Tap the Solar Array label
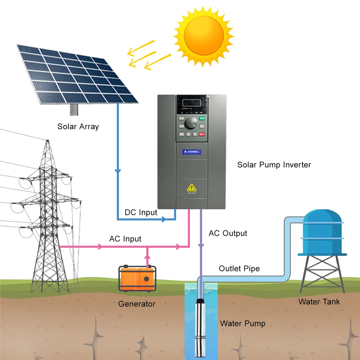[x=78, y=126]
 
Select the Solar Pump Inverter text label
[x=274, y=165]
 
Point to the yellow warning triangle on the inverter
[x=191, y=187]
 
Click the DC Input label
[x=141, y=212]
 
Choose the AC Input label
[x=125, y=239]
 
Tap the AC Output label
[x=228, y=233]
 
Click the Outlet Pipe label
[x=239, y=269]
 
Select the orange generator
[x=138, y=278]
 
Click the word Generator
[x=137, y=304]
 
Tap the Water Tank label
[x=319, y=301]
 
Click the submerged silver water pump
[x=199, y=324]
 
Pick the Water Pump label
[x=243, y=323]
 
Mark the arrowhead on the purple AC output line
[x=201, y=244]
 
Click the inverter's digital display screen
[x=191, y=102]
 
